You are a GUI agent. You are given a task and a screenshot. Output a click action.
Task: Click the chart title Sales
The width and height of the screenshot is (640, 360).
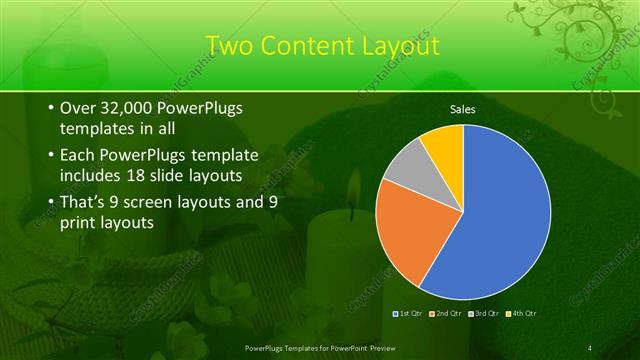462,109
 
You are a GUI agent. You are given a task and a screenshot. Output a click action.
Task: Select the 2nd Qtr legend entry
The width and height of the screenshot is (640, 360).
447,314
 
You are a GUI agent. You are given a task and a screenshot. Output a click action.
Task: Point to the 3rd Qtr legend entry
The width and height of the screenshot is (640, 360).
484,314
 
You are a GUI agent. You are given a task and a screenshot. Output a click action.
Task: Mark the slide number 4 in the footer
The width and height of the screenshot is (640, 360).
590,347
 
